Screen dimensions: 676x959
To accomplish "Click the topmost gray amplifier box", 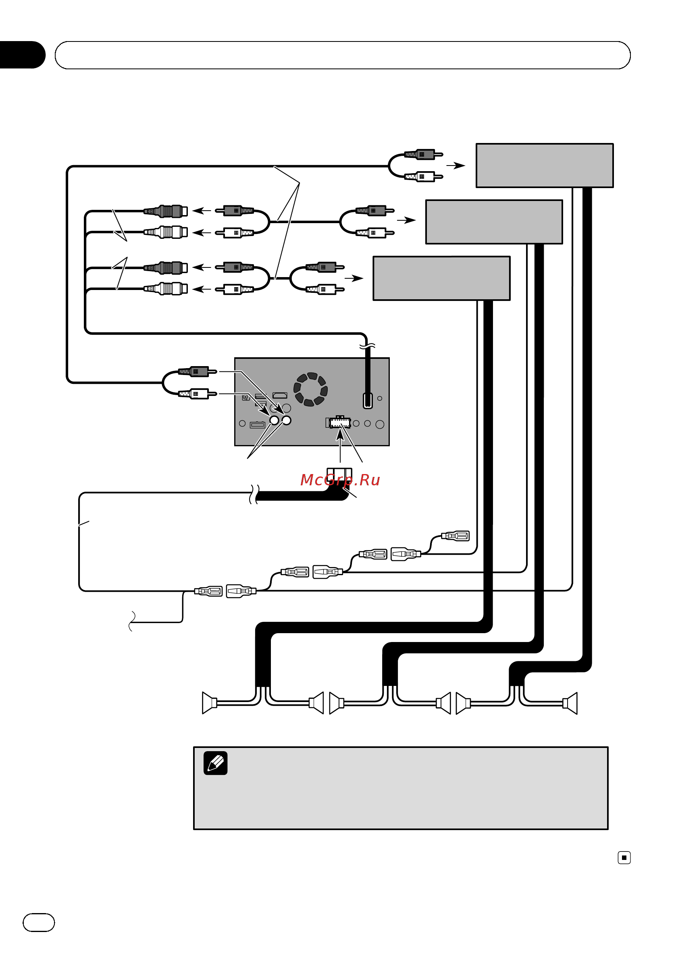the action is (x=544, y=166).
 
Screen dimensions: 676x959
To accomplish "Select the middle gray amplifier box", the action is (x=494, y=222).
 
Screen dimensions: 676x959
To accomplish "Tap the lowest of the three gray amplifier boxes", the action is (x=441, y=278).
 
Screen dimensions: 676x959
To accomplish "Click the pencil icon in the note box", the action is (x=215, y=763).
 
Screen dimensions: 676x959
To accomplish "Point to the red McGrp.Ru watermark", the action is (x=340, y=480).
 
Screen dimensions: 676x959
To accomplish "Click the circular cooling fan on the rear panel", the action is (x=311, y=389).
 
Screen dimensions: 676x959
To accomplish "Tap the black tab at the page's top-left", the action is (x=22, y=55).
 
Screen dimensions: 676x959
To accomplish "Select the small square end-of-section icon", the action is (x=624, y=858).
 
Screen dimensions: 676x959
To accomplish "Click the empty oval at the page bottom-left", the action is (x=38, y=923).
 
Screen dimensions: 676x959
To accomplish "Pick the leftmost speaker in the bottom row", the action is (x=209, y=703).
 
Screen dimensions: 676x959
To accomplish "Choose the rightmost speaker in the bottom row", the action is (x=570, y=703).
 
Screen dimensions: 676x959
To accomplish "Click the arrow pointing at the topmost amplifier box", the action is (x=456, y=166).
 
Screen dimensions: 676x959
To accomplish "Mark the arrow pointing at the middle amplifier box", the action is (x=406, y=220).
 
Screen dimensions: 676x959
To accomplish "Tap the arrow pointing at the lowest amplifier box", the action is (x=354, y=278).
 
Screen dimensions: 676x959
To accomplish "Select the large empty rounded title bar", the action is (x=342, y=55).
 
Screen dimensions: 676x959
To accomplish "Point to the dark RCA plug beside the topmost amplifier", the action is (x=423, y=155).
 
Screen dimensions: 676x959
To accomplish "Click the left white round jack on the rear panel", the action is (x=274, y=420).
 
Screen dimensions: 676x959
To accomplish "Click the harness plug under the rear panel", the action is (x=339, y=476).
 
